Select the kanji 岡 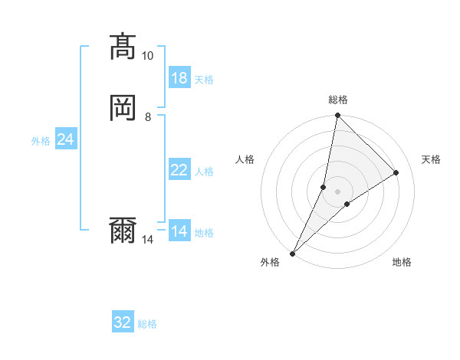(123, 108)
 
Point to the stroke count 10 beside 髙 (148, 56)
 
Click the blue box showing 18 (179, 78)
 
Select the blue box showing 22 (179, 170)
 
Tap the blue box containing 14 (179, 231)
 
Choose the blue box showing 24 (66, 139)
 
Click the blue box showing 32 (123, 323)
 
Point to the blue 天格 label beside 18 (204, 79)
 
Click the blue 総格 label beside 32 (148, 324)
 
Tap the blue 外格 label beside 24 (41, 140)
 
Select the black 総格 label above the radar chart (337, 100)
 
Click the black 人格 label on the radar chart (245, 159)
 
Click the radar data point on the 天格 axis (396, 172)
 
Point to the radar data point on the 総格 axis (337, 115)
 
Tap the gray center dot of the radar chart (337, 191)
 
